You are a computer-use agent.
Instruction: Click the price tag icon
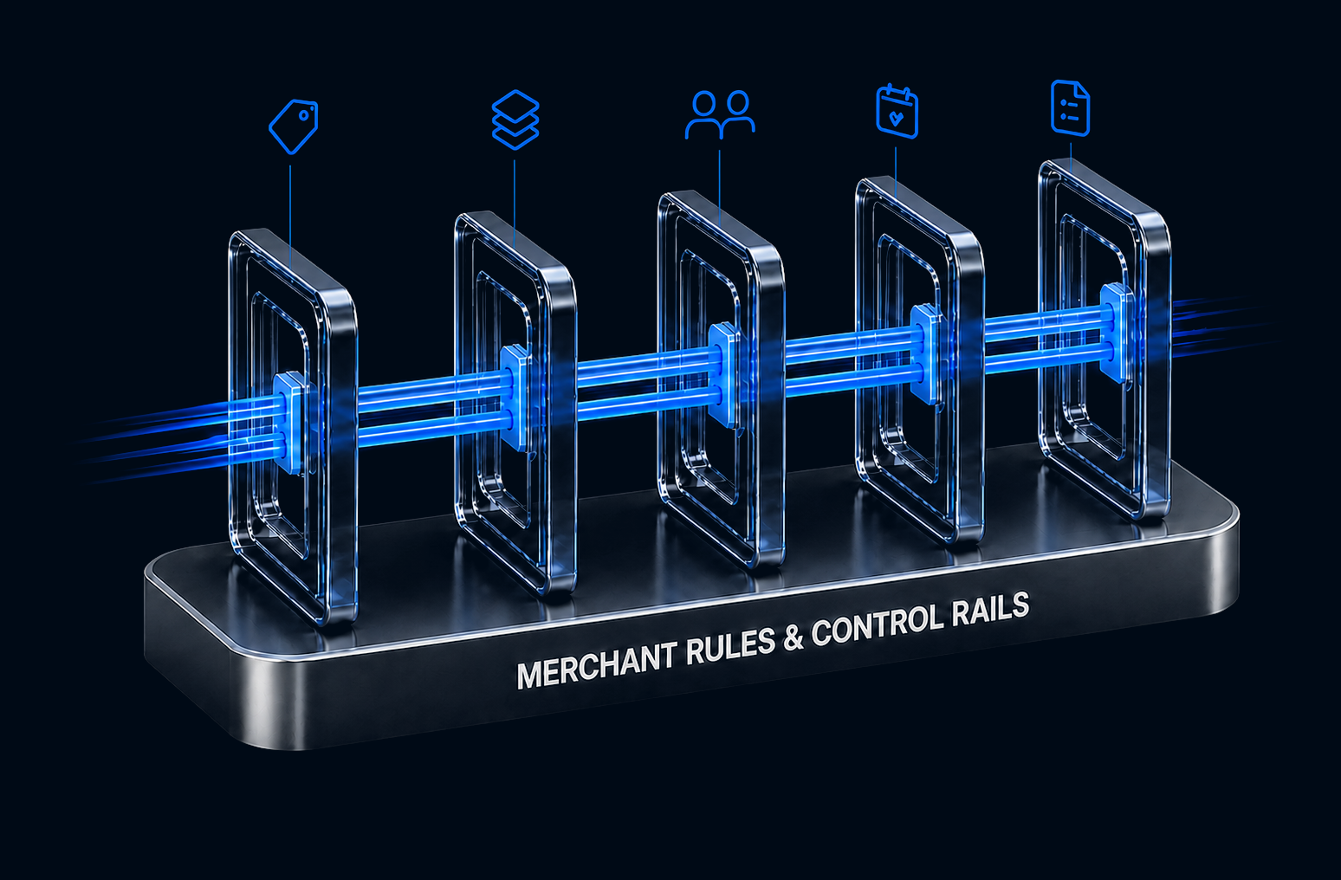(x=294, y=126)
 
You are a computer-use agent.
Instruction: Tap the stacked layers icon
(x=515, y=120)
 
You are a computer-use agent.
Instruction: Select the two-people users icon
(x=720, y=114)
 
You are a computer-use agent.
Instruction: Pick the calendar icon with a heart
(x=897, y=112)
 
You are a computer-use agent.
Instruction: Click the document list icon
(x=1071, y=107)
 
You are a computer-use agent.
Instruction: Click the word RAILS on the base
(x=987, y=609)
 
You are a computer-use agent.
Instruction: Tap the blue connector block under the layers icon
(x=515, y=397)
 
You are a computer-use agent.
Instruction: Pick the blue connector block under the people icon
(x=723, y=374)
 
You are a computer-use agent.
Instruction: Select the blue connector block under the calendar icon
(x=925, y=353)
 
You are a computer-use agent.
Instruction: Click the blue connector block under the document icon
(x=1117, y=333)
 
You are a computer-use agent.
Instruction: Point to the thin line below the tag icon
(x=290, y=217)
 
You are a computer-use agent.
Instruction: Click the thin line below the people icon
(x=720, y=187)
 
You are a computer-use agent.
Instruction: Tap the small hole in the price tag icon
(x=306, y=114)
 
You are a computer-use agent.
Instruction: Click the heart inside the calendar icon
(x=897, y=118)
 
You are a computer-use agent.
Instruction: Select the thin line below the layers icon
(x=515, y=204)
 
